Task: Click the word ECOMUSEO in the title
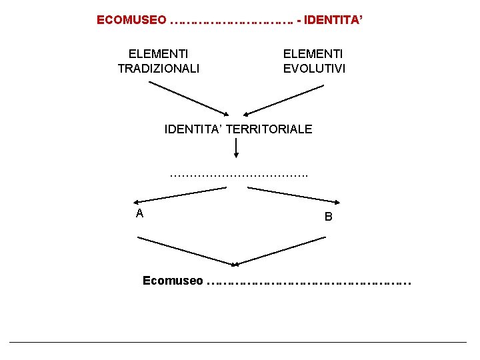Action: pyautogui.click(x=131, y=20)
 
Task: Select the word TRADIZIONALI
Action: pyautogui.click(x=158, y=68)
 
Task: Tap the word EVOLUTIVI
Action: pyautogui.click(x=315, y=68)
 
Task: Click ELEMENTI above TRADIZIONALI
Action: pyautogui.click(x=158, y=53)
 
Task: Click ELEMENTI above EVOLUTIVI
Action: pyautogui.click(x=313, y=53)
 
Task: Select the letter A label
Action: pyautogui.click(x=139, y=213)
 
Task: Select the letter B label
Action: pyautogui.click(x=328, y=217)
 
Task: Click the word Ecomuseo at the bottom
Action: pyautogui.click(x=173, y=281)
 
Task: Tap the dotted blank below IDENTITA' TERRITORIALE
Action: pyautogui.click(x=239, y=175)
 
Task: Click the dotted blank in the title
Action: pyautogui.click(x=231, y=21)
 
